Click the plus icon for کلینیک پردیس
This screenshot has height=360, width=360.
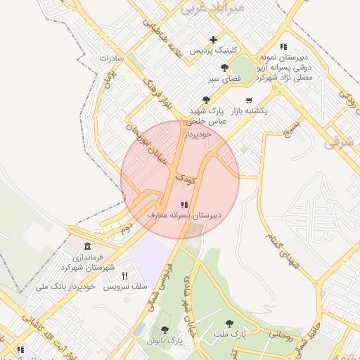click(x=213, y=39)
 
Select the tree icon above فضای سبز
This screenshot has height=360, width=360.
click(x=224, y=68)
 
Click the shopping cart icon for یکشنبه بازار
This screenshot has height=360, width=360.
click(x=249, y=100)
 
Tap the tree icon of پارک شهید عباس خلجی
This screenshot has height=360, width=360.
click(x=206, y=100)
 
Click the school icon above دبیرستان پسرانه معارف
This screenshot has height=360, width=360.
click(x=184, y=204)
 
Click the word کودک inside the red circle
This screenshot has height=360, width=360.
click(x=185, y=180)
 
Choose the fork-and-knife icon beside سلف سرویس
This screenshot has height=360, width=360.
click(x=125, y=276)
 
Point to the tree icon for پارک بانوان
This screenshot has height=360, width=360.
click(x=165, y=329)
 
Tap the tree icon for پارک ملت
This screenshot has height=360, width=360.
click(x=229, y=324)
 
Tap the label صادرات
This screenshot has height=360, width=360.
click(x=111, y=58)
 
